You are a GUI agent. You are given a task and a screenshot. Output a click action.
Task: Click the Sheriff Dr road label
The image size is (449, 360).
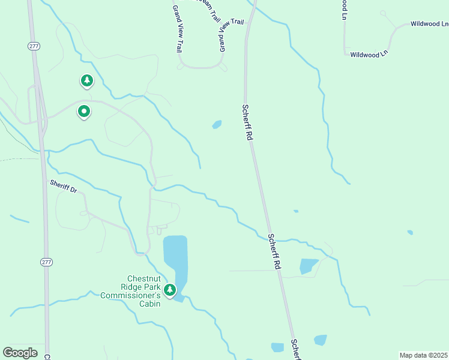64,186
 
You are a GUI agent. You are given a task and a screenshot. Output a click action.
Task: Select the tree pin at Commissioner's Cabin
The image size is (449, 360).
170,290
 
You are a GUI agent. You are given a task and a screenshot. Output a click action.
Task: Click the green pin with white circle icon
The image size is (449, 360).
84,111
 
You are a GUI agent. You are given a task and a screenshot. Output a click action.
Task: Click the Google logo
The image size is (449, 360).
20,352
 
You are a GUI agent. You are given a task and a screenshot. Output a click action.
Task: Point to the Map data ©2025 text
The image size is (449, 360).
424,355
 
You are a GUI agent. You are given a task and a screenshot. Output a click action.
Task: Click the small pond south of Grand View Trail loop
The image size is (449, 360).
217,124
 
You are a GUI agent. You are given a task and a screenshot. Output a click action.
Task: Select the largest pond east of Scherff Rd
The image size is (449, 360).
309,266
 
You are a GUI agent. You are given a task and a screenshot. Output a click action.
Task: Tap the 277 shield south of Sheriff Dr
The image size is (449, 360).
47,262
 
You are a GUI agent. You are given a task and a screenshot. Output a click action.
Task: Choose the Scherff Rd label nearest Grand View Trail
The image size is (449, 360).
247,122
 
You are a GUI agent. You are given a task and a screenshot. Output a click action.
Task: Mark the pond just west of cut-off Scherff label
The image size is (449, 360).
277,347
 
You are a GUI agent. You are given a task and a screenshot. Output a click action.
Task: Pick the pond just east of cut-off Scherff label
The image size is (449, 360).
321,340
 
